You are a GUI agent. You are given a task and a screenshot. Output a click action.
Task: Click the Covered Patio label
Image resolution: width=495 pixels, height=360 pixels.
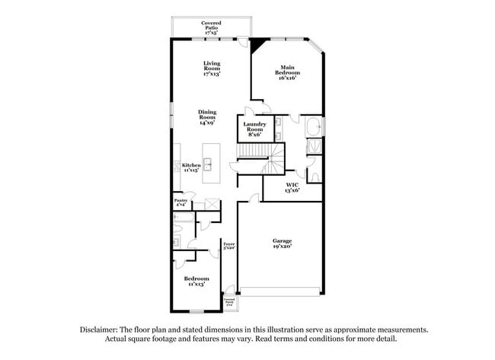coord(211,28)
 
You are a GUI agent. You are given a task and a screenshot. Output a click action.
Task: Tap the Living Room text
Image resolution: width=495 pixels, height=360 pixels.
coord(212,69)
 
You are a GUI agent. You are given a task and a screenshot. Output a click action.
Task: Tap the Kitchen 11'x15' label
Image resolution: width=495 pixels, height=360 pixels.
coord(190,168)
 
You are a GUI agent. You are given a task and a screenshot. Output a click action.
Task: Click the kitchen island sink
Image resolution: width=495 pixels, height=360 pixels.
coord(206,162)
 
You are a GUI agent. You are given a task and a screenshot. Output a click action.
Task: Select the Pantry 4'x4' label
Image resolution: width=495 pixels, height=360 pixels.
coord(180,203)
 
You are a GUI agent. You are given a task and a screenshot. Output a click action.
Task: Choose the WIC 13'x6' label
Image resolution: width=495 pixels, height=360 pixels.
coord(292,187)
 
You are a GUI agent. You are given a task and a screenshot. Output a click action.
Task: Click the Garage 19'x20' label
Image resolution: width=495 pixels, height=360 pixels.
coord(282,244)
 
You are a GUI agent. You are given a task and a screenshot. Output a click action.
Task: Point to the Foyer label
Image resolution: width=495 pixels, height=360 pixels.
coord(228,246)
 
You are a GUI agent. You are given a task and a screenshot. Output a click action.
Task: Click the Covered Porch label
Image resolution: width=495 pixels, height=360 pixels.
coord(229,302)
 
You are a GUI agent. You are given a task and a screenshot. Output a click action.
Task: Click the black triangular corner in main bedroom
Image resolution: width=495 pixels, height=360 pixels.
coord(259,43)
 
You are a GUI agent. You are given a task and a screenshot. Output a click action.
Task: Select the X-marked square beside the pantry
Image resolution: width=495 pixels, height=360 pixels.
coord(212,204)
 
